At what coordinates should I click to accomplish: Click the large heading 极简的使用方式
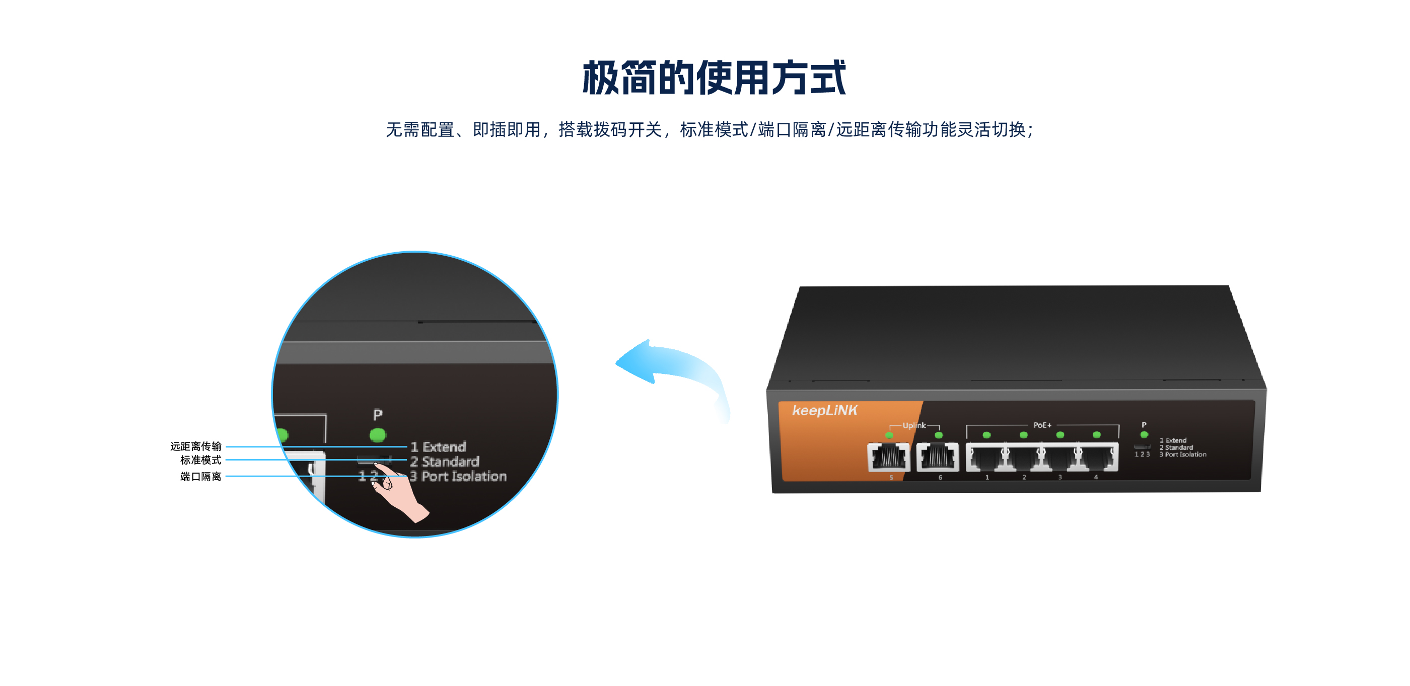pyautogui.click(x=714, y=78)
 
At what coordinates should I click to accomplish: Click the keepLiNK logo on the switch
pyautogui.click(x=824, y=410)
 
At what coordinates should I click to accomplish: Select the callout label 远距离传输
pyautogui.click(x=195, y=446)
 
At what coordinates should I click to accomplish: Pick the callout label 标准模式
pyautogui.click(x=201, y=460)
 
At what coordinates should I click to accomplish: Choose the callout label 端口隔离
pyautogui.click(x=201, y=477)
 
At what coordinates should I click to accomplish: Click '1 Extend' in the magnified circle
pyautogui.click(x=439, y=447)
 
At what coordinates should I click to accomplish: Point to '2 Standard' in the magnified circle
pyautogui.click(x=445, y=462)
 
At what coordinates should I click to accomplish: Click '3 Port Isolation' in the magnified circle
pyautogui.click(x=459, y=477)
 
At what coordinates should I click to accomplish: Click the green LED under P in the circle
pyautogui.click(x=378, y=435)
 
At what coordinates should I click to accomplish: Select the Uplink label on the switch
pyautogui.click(x=914, y=426)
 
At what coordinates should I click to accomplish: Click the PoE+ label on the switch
pyautogui.click(x=1042, y=425)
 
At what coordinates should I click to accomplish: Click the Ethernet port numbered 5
pyautogui.click(x=888, y=457)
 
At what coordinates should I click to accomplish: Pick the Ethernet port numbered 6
pyautogui.click(x=938, y=457)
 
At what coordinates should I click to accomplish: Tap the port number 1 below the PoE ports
pyautogui.click(x=988, y=478)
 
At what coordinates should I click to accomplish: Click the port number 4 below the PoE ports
pyautogui.click(x=1096, y=477)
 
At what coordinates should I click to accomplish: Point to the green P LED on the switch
pyautogui.click(x=1144, y=435)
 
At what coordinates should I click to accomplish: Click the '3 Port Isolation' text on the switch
pyautogui.click(x=1183, y=454)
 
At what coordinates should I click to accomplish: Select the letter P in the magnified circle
pyautogui.click(x=378, y=415)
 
